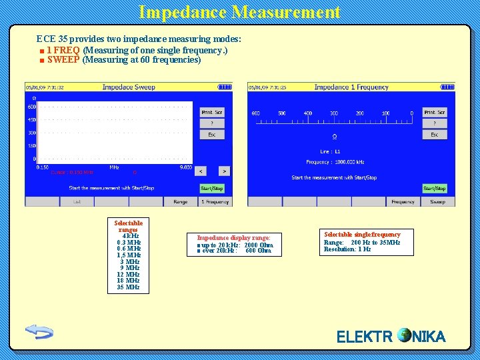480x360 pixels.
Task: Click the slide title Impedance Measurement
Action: (239, 12)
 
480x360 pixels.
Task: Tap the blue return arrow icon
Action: (39, 331)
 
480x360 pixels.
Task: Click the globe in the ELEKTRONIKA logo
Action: (404, 335)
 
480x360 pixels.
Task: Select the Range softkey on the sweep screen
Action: (180, 201)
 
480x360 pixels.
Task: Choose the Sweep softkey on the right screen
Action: (437, 201)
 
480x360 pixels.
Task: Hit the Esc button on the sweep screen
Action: (211, 134)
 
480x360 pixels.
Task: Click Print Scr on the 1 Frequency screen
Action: (435, 112)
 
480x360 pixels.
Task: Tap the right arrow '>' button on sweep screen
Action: (223, 171)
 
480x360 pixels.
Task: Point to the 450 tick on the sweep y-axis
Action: (31, 120)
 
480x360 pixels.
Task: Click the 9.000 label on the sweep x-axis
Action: (185, 167)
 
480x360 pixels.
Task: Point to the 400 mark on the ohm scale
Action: (307, 113)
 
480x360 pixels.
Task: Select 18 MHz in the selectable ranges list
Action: (128, 281)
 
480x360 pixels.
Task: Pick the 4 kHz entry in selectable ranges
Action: (128, 235)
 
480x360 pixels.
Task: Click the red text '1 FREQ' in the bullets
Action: (63, 50)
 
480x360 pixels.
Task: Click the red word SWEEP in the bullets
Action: (63, 59)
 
